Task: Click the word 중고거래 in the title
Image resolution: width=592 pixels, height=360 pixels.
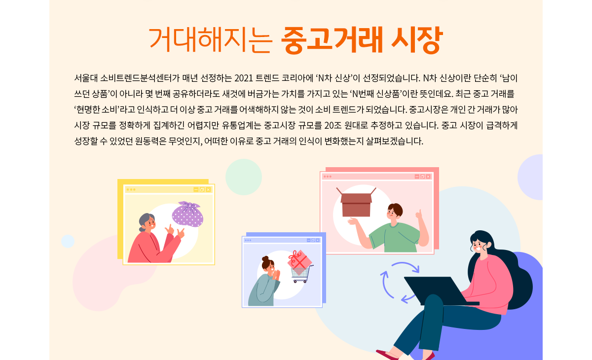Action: (332, 40)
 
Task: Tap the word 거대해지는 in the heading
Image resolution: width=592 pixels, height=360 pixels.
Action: (210, 39)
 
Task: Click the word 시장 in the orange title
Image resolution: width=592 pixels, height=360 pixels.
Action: (417, 40)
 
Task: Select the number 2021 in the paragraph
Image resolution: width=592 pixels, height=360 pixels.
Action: (244, 78)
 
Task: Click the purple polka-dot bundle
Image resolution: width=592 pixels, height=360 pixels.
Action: (187, 214)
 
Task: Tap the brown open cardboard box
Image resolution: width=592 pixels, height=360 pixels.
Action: (356, 202)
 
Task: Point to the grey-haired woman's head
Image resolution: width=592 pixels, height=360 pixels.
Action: (148, 222)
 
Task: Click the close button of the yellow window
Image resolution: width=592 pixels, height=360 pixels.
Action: (208, 190)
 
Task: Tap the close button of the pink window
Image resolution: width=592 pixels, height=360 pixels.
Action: (428, 177)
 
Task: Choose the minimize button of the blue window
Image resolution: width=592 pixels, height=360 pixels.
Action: (308, 240)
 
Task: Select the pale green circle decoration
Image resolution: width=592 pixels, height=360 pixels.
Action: (244, 177)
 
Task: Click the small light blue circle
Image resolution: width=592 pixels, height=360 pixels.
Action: (68, 241)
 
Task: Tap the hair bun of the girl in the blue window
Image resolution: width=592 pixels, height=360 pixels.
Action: (265, 258)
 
